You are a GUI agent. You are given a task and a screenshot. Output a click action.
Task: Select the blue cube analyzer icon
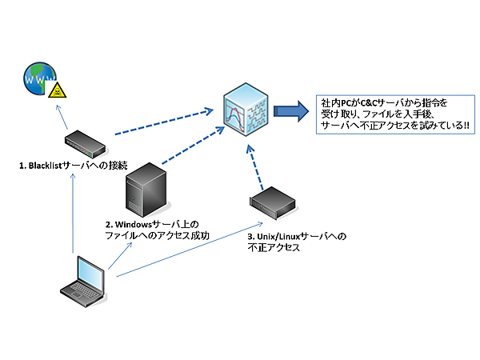pyautogui.click(x=246, y=111)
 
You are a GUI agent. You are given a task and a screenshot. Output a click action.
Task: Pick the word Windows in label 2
pyautogui.click(x=133, y=224)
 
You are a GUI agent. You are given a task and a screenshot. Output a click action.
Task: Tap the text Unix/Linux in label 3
pyautogui.click(x=276, y=238)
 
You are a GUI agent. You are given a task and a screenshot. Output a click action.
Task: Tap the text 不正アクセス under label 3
pyautogui.click(x=273, y=249)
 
